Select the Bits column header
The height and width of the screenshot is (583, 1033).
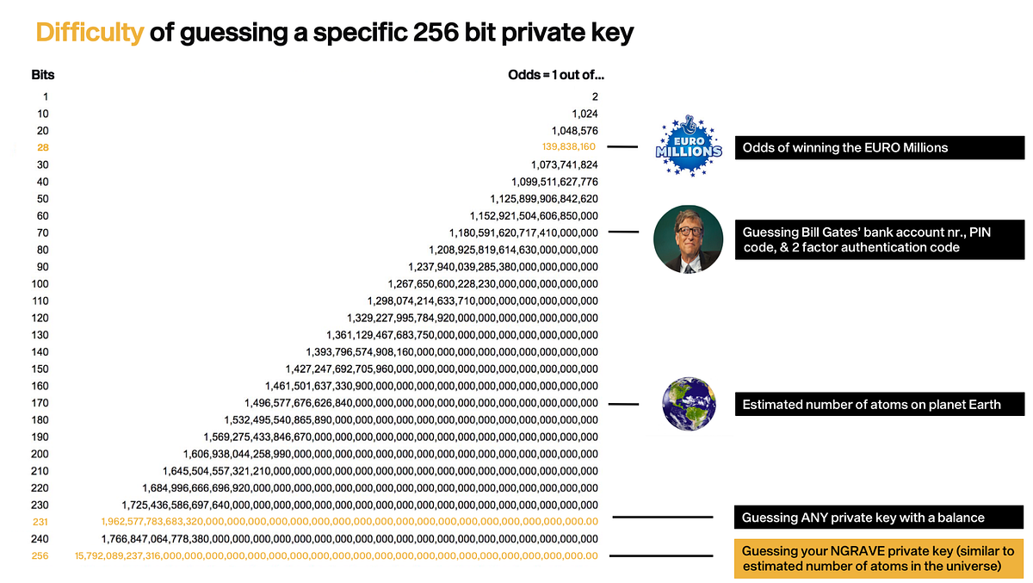click(x=43, y=75)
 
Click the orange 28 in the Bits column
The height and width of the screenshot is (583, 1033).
click(x=43, y=147)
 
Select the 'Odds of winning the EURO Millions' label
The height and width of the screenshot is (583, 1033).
click(x=879, y=147)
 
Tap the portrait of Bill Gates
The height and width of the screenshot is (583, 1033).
click(x=687, y=239)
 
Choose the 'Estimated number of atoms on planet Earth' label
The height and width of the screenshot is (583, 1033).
click(x=879, y=404)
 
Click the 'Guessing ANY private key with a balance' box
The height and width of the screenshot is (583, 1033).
click(x=879, y=518)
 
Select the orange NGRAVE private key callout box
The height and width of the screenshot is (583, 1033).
click(x=879, y=558)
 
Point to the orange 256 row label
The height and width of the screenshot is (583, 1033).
click(x=40, y=555)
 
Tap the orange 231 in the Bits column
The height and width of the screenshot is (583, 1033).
click(x=40, y=522)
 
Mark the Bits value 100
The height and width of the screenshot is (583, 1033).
click(x=40, y=283)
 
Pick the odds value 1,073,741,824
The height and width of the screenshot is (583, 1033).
click(x=565, y=164)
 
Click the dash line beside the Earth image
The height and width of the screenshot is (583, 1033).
click(x=623, y=404)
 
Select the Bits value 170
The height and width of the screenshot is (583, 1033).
click(x=40, y=402)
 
